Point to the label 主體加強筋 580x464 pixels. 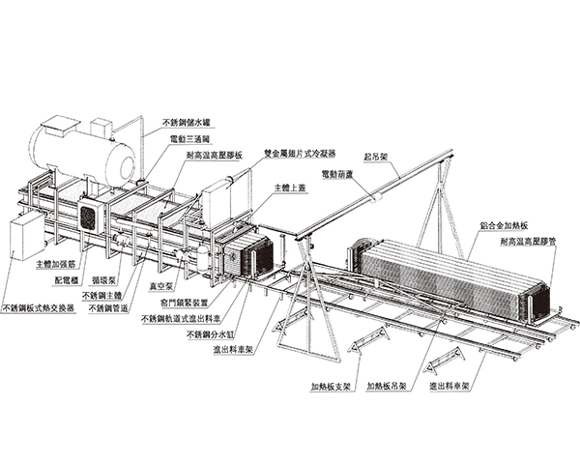point(56,262)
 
